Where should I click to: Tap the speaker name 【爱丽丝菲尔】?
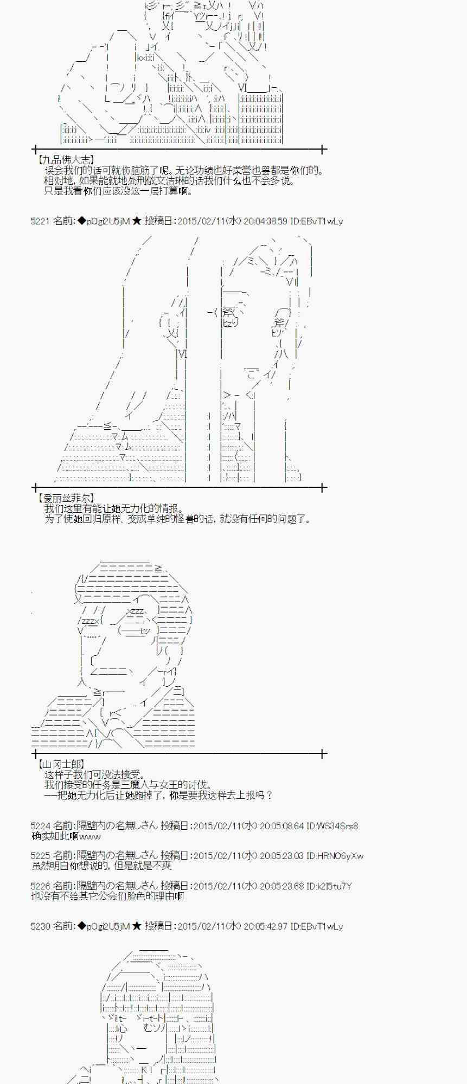point(66,498)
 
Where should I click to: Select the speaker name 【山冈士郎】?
point(61,764)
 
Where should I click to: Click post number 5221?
point(41,221)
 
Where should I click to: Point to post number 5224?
point(41,826)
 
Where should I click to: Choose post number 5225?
point(41,856)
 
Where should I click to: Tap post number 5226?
point(41,886)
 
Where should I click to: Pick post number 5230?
point(41,926)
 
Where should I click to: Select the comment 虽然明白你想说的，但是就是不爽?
point(101,866)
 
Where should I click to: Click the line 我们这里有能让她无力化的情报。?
point(114,508)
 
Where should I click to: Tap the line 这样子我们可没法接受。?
point(95,775)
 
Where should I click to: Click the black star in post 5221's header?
point(137,221)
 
